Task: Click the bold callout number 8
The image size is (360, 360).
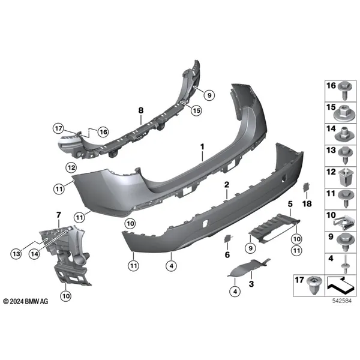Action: click(x=141, y=110)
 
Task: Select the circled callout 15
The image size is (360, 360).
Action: click(x=197, y=110)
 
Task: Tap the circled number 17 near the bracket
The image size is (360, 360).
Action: click(x=58, y=128)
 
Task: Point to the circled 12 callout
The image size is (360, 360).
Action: click(x=71, y=167)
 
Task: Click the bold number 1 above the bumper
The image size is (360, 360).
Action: click(x=202, y=147)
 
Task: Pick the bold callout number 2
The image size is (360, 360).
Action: click(x=227, y=185)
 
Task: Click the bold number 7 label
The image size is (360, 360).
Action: click(x=59, y=215)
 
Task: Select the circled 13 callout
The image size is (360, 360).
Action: click(x=16, y=254)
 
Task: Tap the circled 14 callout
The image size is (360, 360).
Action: click(x=34, y=254)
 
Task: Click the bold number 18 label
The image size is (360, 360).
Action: click(x=307, y=203)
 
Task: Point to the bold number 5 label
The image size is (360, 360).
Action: click(x=290, y=204)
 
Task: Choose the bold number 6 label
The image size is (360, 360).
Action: click(x=227, y=254)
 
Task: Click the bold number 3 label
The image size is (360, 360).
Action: click(x=251, y=284)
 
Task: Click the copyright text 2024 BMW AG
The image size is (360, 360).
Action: click(x=26, y=301)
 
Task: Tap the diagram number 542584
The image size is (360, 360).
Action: click(x=342, y=301)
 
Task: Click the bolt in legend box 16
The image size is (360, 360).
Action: click(x=344, y=90)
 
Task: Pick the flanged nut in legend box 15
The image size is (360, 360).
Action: click(x=343, y=115)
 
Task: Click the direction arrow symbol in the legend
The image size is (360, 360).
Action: click(x=339, y=285)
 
